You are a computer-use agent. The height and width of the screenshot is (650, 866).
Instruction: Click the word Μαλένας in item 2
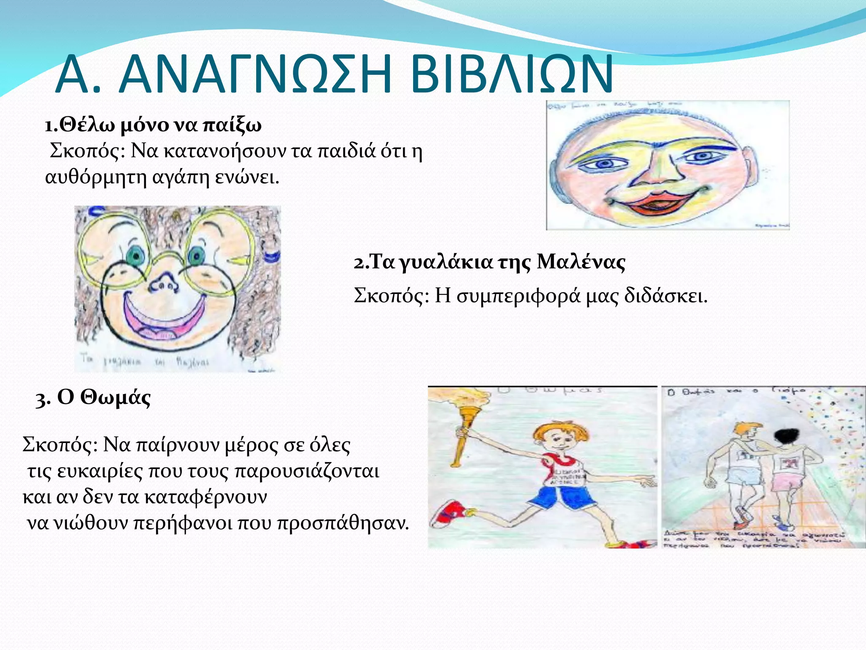[x=581, y=262]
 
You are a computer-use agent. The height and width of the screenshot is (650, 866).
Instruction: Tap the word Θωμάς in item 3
[x=115, y=398]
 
